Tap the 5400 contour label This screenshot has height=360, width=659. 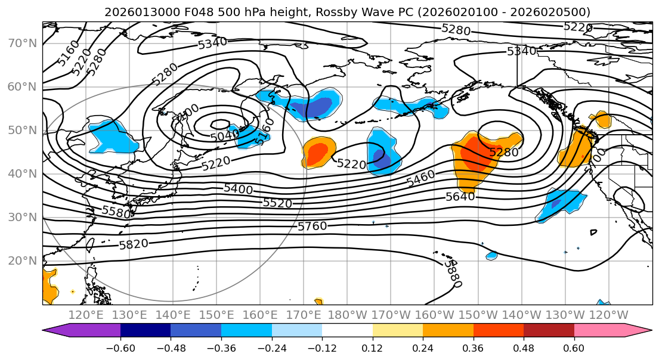pyautogui.click(x=238, y=189)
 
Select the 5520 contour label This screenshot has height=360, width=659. pyautogui.click(x=277, y=203)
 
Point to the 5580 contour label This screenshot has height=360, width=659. pyautogui.click(x=116, y=212)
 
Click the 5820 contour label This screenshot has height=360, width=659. pyautogui.click(x=134, y=244)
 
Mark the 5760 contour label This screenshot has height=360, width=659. pyautogui.click(x=313, y=226)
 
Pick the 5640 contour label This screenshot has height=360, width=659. pyautogui.click(x=460, y=196)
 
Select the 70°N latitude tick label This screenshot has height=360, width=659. pyautogui.click(x=22, y=43)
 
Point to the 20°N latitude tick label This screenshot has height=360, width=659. pyautogui.click(x=22, y=260)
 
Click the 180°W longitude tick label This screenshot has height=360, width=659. pyautogui.click(x=346, y=315)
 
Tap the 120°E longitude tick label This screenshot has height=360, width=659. pyautogui.click(x=86, y=315)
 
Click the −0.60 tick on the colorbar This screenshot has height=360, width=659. pyautogui.click(x=120, y=347)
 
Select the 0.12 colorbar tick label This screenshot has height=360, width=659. pyautogui.click(x=372, y=347)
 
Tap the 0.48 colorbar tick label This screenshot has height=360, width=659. pyautogui.click(x=524, y=347)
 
